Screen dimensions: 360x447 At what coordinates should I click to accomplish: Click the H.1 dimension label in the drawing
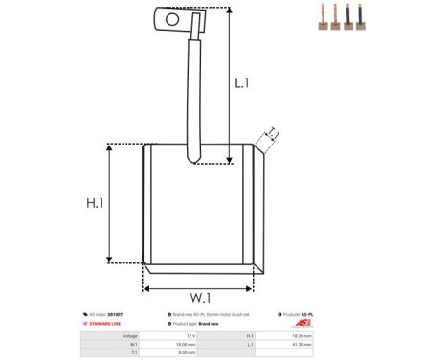coord(94,204)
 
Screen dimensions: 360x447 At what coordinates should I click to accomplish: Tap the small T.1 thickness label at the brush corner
coord(272,134)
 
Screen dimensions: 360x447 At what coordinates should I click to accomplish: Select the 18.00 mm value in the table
coord(187,344)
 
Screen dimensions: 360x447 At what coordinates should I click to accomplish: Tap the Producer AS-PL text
coord(303,314)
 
